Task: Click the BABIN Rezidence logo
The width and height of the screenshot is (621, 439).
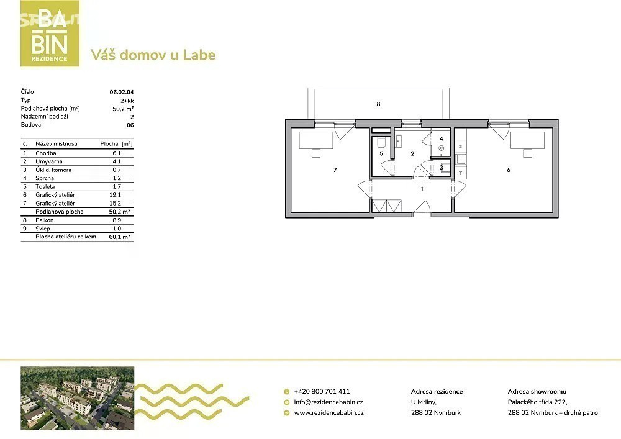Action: (x=50, y=34)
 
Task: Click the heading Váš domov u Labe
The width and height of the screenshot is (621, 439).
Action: (x=153, y=55)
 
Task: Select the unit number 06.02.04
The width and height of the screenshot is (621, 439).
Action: (x=122, y=93)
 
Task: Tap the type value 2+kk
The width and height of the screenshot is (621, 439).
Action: (x=127, y=101)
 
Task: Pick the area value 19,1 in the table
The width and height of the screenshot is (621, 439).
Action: (x=117, y=195)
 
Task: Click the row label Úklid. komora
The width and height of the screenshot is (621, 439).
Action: (x=53, y=170)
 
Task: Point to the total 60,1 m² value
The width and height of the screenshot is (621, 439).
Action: (x=120, y=237)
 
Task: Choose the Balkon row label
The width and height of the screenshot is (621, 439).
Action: (x=44, y=220)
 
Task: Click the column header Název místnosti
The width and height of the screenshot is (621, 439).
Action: (x=57, y=143)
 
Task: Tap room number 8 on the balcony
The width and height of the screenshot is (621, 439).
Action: (x=379, y=104)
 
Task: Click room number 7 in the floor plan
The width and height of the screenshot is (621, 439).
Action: (x=335, y=170)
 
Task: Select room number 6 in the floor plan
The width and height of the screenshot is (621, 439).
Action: (x=509, y=170)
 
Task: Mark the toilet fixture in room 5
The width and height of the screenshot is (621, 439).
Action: (x=382, y=143)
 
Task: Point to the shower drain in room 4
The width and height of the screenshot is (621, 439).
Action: (x=441, y=148)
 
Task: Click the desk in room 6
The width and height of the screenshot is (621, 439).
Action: (x=527, y=140)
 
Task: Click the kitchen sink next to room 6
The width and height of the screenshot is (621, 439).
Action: (x=461, y=160)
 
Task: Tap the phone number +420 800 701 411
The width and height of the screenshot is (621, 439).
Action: (x=322, y=391)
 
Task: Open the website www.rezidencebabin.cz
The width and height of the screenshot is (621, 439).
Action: (x=329, y=412)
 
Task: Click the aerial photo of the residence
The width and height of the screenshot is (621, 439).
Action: (x=77, y=398)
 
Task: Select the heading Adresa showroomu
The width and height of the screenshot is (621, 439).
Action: (x=537, y=391)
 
